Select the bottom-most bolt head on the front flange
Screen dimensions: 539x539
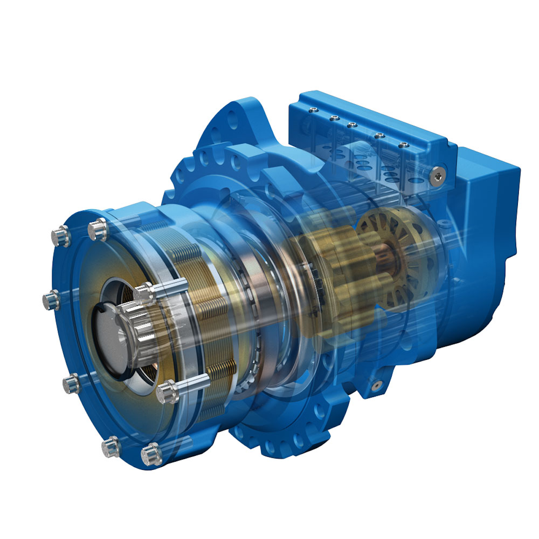click(x=151, y=455)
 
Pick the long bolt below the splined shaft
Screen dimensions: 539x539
click(x=168, y=391)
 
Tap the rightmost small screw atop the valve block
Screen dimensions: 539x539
click(x=405, y=145)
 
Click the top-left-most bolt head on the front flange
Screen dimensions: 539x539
click(x=61, y=236)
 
